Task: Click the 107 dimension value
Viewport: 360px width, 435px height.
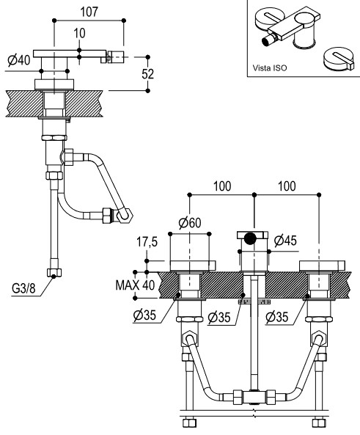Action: pos(89,12)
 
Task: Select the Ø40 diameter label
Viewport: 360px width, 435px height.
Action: pos(19,59)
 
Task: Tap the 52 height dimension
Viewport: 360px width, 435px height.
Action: pos(147,74)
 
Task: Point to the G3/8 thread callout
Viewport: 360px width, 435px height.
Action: pos(23,288)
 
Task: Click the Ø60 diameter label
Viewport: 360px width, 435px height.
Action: pos(190,222)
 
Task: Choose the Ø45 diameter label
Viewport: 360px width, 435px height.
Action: pos(285,241)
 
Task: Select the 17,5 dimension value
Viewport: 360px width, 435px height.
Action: pos(147,242)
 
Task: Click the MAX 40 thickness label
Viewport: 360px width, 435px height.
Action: pos(135,285)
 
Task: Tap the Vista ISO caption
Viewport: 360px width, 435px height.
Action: pos(270,68)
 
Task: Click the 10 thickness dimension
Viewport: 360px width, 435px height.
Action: pos(79,33)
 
